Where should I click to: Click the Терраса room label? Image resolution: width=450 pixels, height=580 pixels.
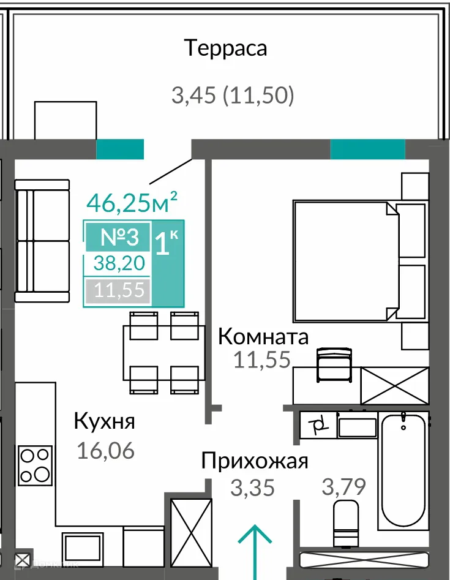click(227, 48)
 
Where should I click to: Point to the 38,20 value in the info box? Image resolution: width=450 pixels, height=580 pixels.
click(119, 263)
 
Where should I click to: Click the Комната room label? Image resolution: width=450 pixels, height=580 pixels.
click(263, 337)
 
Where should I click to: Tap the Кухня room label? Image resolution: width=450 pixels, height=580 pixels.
click(104, 421)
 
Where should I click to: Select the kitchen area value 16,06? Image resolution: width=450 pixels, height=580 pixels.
click(105, 451)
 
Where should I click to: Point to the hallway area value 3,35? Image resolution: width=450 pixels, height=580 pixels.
click(252, 488)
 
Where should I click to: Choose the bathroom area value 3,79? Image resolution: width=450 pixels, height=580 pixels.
click(343, 488)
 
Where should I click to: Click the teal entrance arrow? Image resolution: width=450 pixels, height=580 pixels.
click(255, 543)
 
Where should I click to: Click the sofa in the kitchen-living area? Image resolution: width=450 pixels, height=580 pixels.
click(42, 241)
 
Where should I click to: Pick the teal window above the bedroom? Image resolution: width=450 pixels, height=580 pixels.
click(367, 149)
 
